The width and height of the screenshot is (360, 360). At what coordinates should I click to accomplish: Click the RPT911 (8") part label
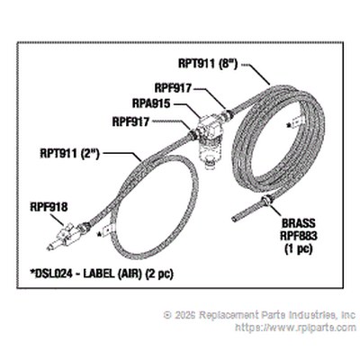point(208,64)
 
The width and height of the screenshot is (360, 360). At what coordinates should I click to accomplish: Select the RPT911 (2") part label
point(69,154)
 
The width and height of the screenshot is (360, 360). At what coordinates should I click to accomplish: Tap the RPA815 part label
point(151,103)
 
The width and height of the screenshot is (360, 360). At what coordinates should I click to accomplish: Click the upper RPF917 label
point(173,88)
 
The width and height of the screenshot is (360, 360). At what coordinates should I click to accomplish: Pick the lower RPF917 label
point(130,121)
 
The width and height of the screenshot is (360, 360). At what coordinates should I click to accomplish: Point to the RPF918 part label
point(49,207)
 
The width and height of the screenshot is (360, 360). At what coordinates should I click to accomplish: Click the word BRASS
point(299,223)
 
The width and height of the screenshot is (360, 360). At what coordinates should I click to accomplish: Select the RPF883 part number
point(299,236)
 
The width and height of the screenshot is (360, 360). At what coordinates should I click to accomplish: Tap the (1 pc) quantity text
point(299,248)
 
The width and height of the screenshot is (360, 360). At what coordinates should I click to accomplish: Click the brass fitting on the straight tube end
point(266,199)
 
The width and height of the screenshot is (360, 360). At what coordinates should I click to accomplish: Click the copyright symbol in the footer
point(167,315)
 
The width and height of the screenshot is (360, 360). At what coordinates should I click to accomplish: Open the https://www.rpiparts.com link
point(296,327)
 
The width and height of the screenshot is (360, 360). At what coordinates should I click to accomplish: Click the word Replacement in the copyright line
point(229,315)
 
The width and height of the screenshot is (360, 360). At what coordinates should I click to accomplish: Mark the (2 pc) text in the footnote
point(159,274)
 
